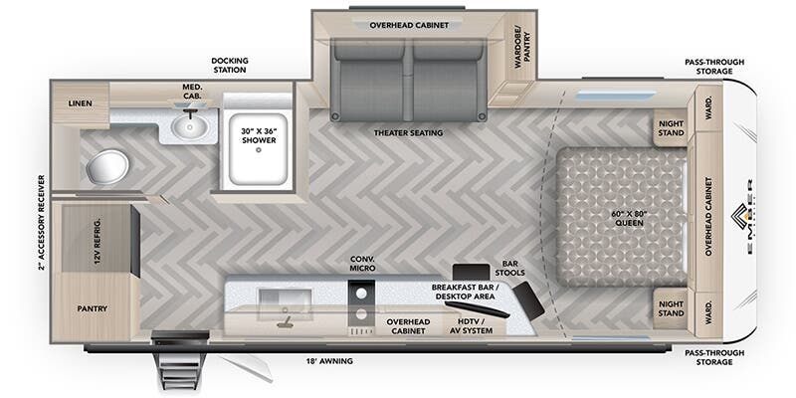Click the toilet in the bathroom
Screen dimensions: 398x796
(x=105, y=166)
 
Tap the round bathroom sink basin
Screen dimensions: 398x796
(x=186, y=126)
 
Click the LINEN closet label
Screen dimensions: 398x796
(x=81, y=103)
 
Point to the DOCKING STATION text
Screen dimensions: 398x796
(x=229, y=66)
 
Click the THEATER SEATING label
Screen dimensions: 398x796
(x=408, y=132)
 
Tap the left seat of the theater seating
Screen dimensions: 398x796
(x=369, y=75)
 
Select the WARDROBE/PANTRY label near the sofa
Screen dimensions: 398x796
(x=522, y=43)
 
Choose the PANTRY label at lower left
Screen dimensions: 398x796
(x=92, y=308)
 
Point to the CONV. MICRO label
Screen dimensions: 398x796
(x=361, y=264)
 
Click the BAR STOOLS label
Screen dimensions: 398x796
(x=509, y=266)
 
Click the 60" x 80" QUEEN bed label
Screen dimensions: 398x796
(x=629, y=217)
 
